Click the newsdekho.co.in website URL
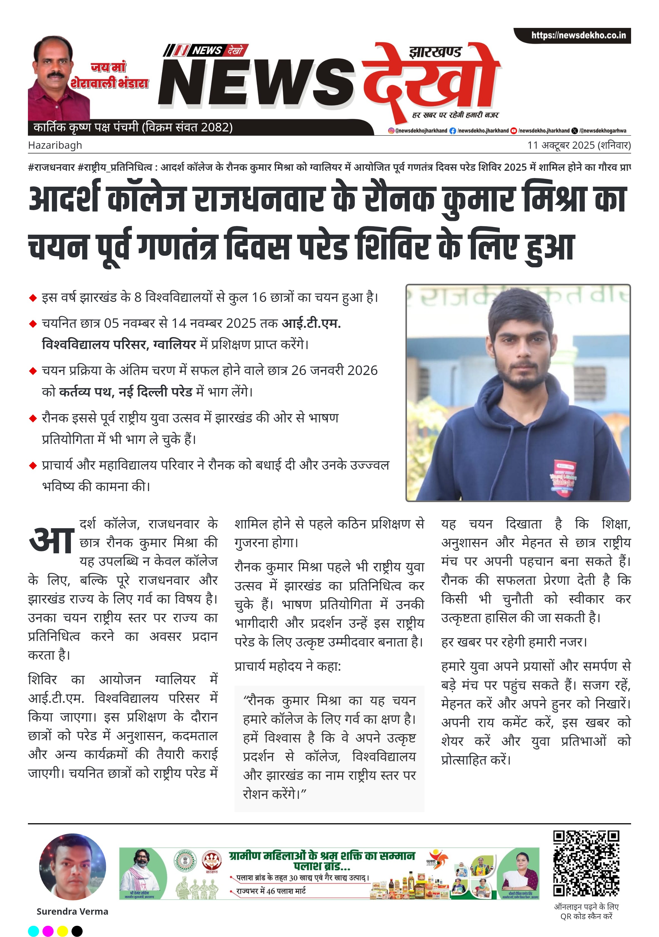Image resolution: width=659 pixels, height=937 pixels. point(578,35)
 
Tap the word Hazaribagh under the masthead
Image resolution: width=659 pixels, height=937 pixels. point(55,145)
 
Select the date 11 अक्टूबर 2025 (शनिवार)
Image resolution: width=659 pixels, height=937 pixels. point(579,145)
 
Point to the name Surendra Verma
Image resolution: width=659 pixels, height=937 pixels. point(72,912)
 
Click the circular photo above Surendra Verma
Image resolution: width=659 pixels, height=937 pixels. point(72,867)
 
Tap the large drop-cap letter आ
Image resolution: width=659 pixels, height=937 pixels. point(52,539)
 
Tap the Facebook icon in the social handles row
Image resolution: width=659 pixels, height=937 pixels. point(452,131)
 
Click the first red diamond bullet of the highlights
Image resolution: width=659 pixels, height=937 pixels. point(33,298)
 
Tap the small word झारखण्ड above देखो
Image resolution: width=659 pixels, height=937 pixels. point(435,52)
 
